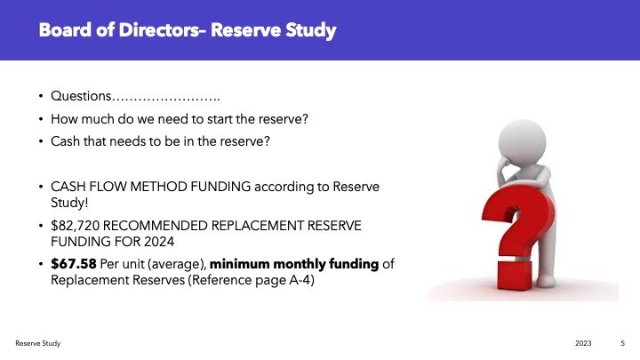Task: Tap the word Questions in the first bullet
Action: coord(81,96)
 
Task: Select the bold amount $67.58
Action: coord(74,264)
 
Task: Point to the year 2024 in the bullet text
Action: coord(159,242)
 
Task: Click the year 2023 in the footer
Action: coord(583,343)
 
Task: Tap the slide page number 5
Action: coord(622,343)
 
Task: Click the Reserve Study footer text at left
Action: coord(38,343)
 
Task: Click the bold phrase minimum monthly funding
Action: coord(294,264)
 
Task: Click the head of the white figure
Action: coord(522,141)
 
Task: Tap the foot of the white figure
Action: coord(546,281)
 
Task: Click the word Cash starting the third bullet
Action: coord(65,141)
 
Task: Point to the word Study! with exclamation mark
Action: coord(69,203)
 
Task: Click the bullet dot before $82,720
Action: coord(41,226)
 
